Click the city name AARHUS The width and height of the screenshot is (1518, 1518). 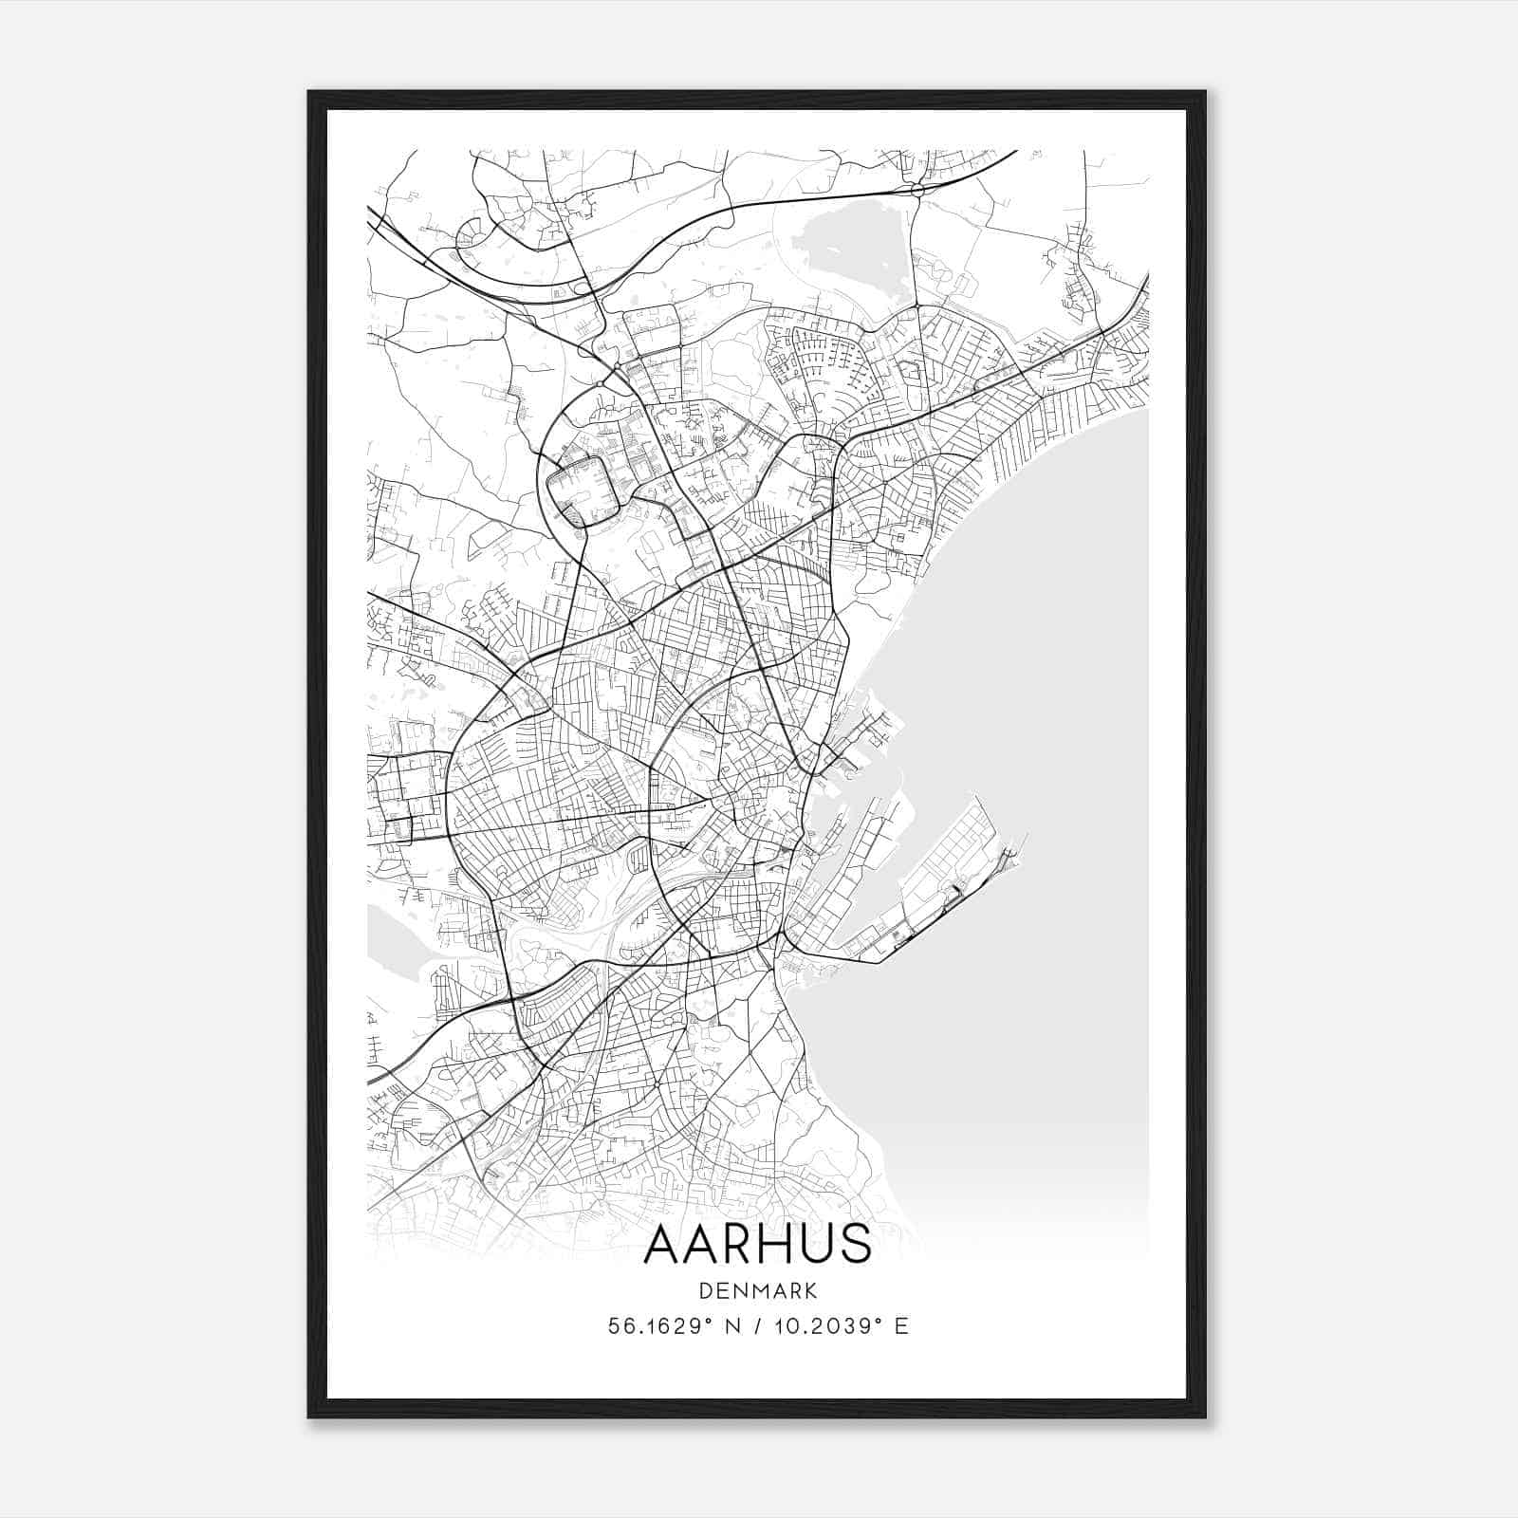point(757,1244)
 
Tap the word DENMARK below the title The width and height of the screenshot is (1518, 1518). point(757,1290)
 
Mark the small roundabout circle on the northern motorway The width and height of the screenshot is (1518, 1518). point(916,191)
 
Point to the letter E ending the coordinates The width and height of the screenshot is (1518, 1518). point(902,1326)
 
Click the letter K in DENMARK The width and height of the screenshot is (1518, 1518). point(811,1290)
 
